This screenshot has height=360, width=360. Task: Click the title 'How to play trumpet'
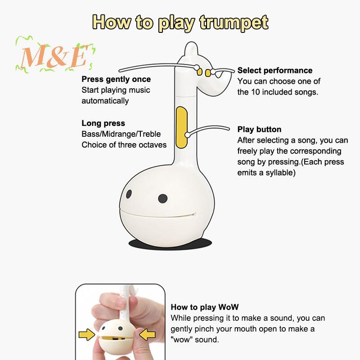[x=180, y=22]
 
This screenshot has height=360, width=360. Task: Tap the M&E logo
[x=55, y=55]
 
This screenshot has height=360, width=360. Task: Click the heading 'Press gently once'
[x=116, y=79]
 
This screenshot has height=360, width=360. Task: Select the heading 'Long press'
[x=103, y=123]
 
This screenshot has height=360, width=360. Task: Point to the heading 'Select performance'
[x=275, y=70]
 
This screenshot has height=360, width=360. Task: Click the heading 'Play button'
[x=259, y=129]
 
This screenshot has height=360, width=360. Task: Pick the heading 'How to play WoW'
[x=205, y=307]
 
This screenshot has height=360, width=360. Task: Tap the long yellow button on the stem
[x=181, y=127]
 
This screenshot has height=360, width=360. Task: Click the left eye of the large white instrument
[x=129, y=194]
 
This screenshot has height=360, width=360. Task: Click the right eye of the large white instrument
[x=163, y=198]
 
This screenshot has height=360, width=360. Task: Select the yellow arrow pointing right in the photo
[x=86, y=334]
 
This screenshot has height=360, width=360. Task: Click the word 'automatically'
[x=105, y=101]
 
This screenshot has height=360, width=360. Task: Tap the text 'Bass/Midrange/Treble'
[x=121, y=134]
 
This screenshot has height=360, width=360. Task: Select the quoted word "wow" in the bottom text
[x=181, y=340]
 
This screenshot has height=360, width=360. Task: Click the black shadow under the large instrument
[x=170, y=244]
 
